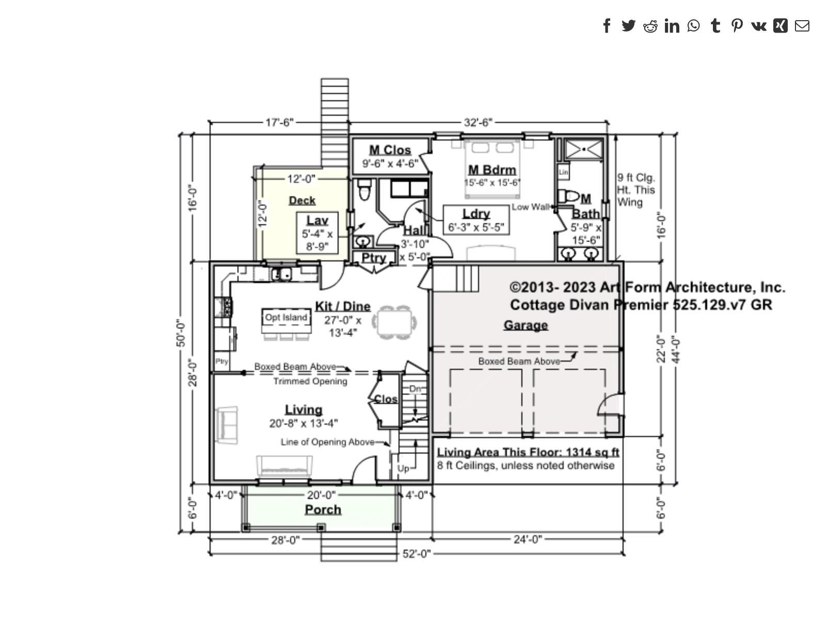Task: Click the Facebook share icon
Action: [x=607, y=25]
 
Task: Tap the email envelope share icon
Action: [x=802, y=25]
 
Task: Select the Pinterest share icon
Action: [x=737, y=25]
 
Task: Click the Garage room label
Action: [x=526, y=325]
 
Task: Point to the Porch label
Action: [x=323, y=509]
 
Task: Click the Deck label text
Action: [x=302, y=200]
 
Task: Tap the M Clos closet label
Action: [x=390, y=150]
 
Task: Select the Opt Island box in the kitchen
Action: [x=286, y=318]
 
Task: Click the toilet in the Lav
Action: [x=364, y=189]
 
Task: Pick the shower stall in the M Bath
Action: [x=583, y=149]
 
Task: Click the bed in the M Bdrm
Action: [x=492, y=168]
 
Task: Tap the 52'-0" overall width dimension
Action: [x=416, y=554]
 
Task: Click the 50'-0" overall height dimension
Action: [x=181, y=333]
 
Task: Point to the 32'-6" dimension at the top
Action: [x=478, y=122]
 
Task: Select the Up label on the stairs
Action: [x=403, y=468]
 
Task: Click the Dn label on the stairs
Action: [x=415, y=388]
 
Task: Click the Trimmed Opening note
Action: [x=310, y=381]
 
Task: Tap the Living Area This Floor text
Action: [x=528, y=452]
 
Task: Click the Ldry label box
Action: [x=476, y=220]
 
